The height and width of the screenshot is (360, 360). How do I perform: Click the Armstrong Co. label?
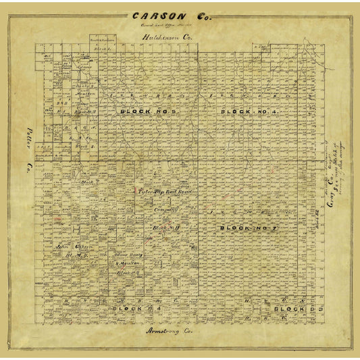click(170, 332)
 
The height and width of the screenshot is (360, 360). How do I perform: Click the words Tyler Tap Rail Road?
click(161, 192)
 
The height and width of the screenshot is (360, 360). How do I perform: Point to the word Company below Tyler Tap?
click(165, 210)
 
